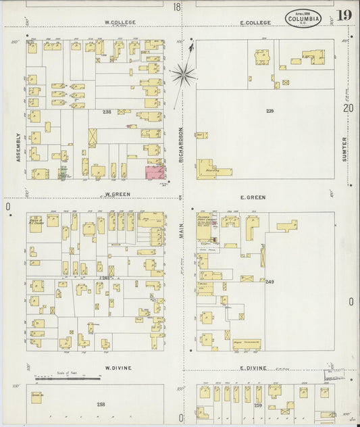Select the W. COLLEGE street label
tap(120, 22)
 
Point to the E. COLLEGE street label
tap(255, 22)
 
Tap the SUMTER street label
tap(344, 148)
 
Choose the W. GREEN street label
tap(117, 193)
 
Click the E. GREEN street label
tap(253, 197)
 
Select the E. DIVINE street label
tap(253, 368)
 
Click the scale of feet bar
tap(68, 378)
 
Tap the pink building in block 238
tap(156, 171)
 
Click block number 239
tap(269, 110)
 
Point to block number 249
tap(269, 282)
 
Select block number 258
tap(101, 404)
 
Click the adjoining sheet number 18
tap(176, 7)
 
